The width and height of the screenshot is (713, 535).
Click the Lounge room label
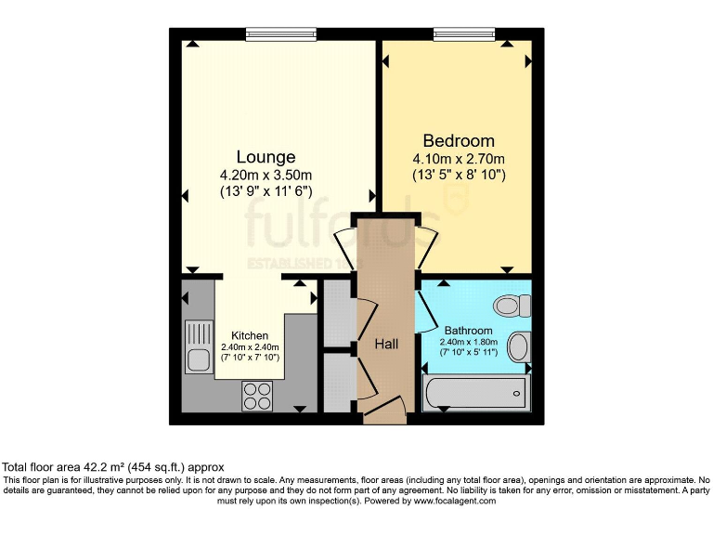pyautogui.click(x=266, y=157)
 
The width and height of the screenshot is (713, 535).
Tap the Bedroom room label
pyautogui.click(x=459, y=140)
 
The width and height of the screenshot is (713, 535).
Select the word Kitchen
pyautogui.click(x=250, y=335)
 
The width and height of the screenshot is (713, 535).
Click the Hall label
pyautogui.click(x=386, y=345)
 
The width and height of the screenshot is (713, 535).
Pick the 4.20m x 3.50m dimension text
pyautogui.click(x=266, y=175)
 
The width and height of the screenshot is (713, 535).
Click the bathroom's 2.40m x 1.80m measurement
pyautogui.click(x=469, y=341)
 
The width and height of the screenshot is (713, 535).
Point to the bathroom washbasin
pyautogui.click(x=519, y=347)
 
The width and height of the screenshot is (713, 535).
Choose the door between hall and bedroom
pyautogui.click(x=427, y=246)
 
